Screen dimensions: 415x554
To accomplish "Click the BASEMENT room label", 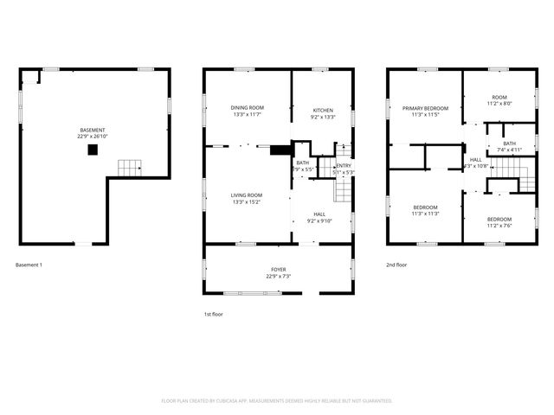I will tap(93, 130).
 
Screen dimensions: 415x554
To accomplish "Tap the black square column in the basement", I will tap(93, 150).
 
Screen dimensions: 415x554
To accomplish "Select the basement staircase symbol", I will tap(129, 168).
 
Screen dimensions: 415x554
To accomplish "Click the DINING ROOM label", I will tap(247, 107).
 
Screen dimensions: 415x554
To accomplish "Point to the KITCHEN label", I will tap(322, 110).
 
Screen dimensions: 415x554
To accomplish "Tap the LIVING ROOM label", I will tap(247, 195).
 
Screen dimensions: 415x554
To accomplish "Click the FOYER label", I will tap(278, 270).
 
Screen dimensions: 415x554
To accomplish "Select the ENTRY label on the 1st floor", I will tap(344, 165).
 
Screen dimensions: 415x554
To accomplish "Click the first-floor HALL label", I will tap(319, 214).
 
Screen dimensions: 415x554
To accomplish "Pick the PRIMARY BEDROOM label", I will tap(424, 108).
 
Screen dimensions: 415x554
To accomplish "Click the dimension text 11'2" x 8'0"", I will tap(499, 104).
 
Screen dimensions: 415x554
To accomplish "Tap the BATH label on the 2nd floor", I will tap(510, 144).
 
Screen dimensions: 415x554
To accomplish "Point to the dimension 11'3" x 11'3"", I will tap(424, 214).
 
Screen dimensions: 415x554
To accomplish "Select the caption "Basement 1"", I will tap(29, 265).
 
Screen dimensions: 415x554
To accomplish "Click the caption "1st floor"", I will tap(212, 314).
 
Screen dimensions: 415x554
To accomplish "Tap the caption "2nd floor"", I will tap(397, 265).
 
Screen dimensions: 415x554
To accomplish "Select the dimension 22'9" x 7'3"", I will tap(278, 277).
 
